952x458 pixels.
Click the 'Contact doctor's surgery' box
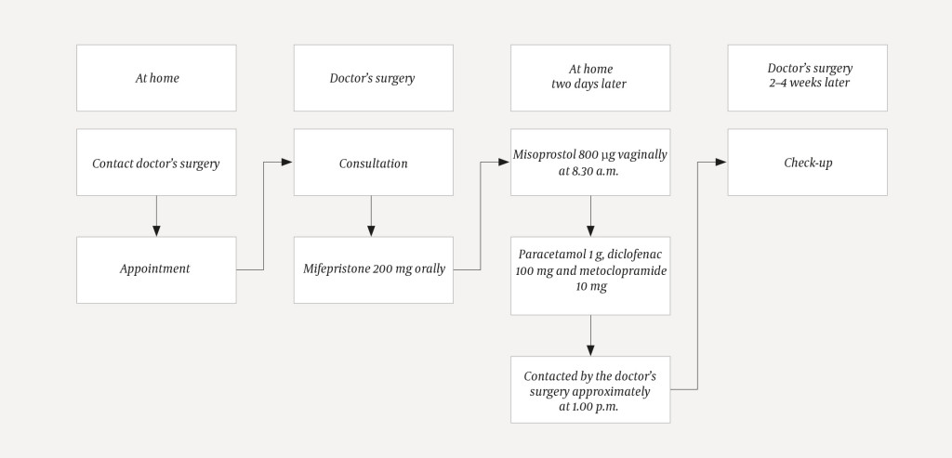[x=155, y=163]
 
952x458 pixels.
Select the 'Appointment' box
[x=155, y=269]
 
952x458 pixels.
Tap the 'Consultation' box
[x=373, y=163]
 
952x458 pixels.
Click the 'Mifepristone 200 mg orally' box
[x=373, y=269]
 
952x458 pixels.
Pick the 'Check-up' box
[x=807, y=163]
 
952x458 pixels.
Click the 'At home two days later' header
[x=590, y=77]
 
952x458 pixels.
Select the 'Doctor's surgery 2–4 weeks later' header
[x=807, y=77]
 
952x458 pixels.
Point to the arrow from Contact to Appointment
[x=155, y=216]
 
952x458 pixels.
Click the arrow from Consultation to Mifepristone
[x=373, y=216]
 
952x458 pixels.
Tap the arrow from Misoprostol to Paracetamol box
[x=590, y=216]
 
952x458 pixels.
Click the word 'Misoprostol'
[x=546, y=155]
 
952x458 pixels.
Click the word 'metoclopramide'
[x=622, y=269]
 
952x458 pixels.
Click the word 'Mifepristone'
[x=336, y=269]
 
